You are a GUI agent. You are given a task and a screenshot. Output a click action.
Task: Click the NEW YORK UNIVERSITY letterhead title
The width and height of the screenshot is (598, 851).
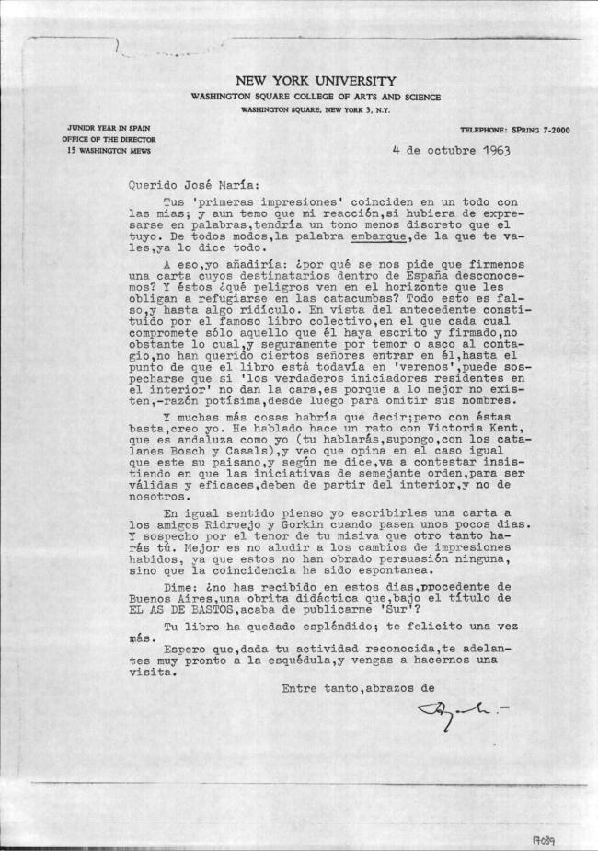pyautogui.click(x=316, y=81)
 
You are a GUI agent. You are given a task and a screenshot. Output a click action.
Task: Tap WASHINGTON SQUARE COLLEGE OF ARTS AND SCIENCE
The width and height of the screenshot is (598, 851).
pyautogui.click(x=316, y=97)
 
